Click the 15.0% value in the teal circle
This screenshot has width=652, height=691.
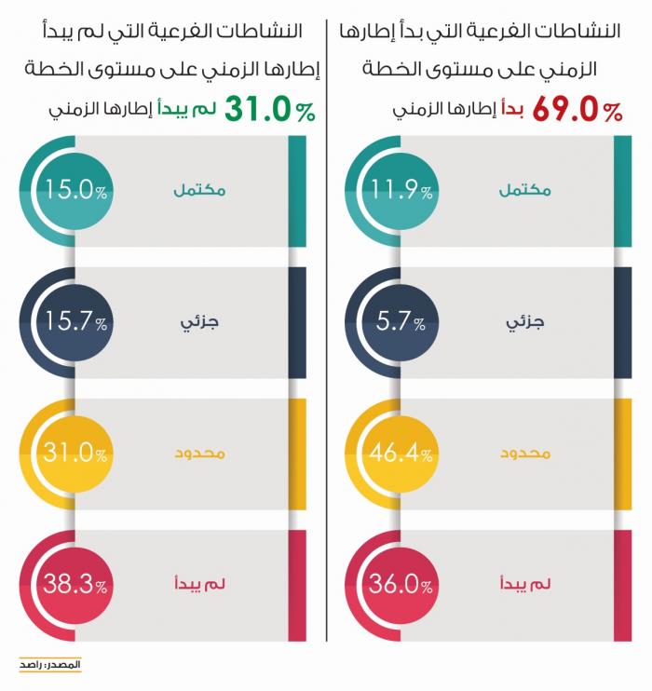[x=67, y=192]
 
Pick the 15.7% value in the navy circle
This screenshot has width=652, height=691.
[x=67, y=323]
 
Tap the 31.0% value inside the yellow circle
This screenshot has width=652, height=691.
[x=67, y=454]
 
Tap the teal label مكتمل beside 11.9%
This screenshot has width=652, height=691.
[x=525, y=191]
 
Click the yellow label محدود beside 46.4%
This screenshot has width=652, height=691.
[x=525, y=454]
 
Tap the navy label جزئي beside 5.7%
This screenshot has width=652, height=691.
[x=525, y=323]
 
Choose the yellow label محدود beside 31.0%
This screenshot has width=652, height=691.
[x=199, y=454]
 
